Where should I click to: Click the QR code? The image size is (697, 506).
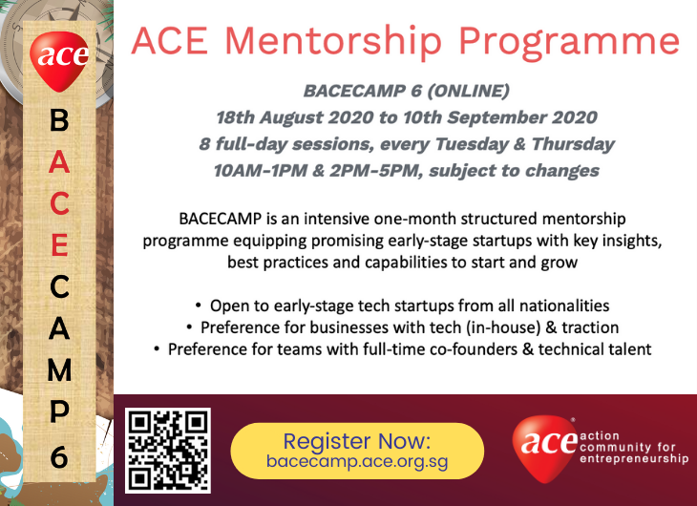click(x=168, y=451)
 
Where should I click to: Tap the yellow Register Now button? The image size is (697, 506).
click(x=357, y=451)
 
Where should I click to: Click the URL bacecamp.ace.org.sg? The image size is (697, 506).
click(x=357, y=461)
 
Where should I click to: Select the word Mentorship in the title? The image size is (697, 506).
click(x=333, y=41)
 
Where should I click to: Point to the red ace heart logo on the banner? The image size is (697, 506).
click(x=59, y=60)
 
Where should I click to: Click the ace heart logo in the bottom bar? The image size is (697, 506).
click(x=545, y=448)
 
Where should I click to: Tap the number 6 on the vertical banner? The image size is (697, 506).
click(x=59, y=456)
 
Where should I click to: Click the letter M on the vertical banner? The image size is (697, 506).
click(x=59, y=369)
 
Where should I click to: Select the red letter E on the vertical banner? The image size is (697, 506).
click(x=59, y=245)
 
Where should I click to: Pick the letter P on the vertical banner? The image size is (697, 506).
click(x=59, y=411)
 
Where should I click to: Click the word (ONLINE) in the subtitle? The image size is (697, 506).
click(x=468, y=91)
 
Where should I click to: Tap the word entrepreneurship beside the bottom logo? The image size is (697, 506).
click(x=634, y=459)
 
